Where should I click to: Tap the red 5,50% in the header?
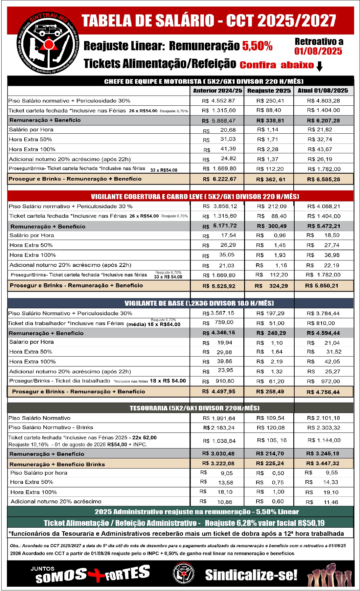point(257,46)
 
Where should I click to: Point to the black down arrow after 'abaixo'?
point(319,66)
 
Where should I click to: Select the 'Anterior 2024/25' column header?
point(217,91)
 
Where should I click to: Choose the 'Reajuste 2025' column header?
point(269,91)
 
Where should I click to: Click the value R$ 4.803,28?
point(324,101)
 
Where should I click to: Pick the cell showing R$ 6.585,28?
point(324,179)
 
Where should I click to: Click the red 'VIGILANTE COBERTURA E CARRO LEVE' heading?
point(195,197)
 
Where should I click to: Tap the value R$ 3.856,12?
point(220,206)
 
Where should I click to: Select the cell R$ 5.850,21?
point(322,286)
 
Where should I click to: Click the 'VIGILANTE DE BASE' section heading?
point(199,303)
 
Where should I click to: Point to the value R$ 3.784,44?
point(323,313)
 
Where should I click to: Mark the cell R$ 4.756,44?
point(323,392)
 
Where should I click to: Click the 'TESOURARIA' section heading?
point(194,408)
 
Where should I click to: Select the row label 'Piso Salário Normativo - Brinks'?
point(51,427)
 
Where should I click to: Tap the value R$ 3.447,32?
point(323,464)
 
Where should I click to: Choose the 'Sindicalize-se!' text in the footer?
point(251,575)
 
